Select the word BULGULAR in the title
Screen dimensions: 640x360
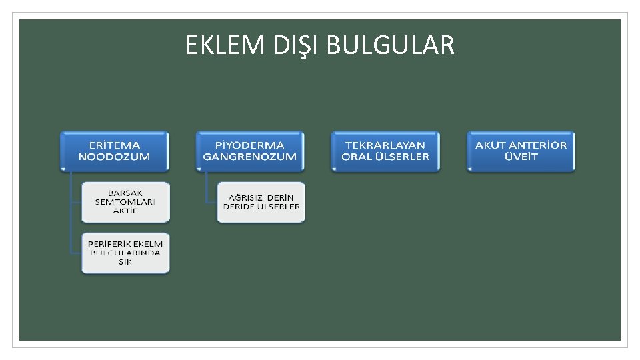pyautogui.click(x=391, y=45)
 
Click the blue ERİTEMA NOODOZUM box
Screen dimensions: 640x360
pyautogui.click(x=114, y=151)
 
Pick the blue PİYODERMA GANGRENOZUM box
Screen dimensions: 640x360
pyautogui.click(x=249, y=151)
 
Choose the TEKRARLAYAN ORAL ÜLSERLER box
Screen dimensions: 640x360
pyautogui.click(x=385, y=151)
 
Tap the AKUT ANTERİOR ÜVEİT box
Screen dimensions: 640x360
pyautogui.click(x=521, y=151)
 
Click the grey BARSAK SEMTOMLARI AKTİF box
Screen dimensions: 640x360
pyautogui.click(x=125, y=202)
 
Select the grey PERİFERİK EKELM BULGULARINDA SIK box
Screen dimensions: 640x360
pyautogui.click(x=125, y=253)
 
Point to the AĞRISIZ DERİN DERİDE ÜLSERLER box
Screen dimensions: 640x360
pyautogui.click(x=261, y=202)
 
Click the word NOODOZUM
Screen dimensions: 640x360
pyautogui.click(x=114, y=157)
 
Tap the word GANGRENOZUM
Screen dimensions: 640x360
pyautogui.click(x=249, y=157)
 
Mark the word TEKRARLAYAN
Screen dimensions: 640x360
pyautogui.click(x=385, y=145)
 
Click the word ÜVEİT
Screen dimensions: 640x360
pyautogui.click(x=521, y=157)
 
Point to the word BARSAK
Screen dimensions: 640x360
pyautogui.click(x=125, y=193)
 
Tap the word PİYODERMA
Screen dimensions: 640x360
pyautogui.click(x=249, y=145)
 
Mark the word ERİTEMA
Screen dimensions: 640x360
pyautogui.click(x=114, y=145)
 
